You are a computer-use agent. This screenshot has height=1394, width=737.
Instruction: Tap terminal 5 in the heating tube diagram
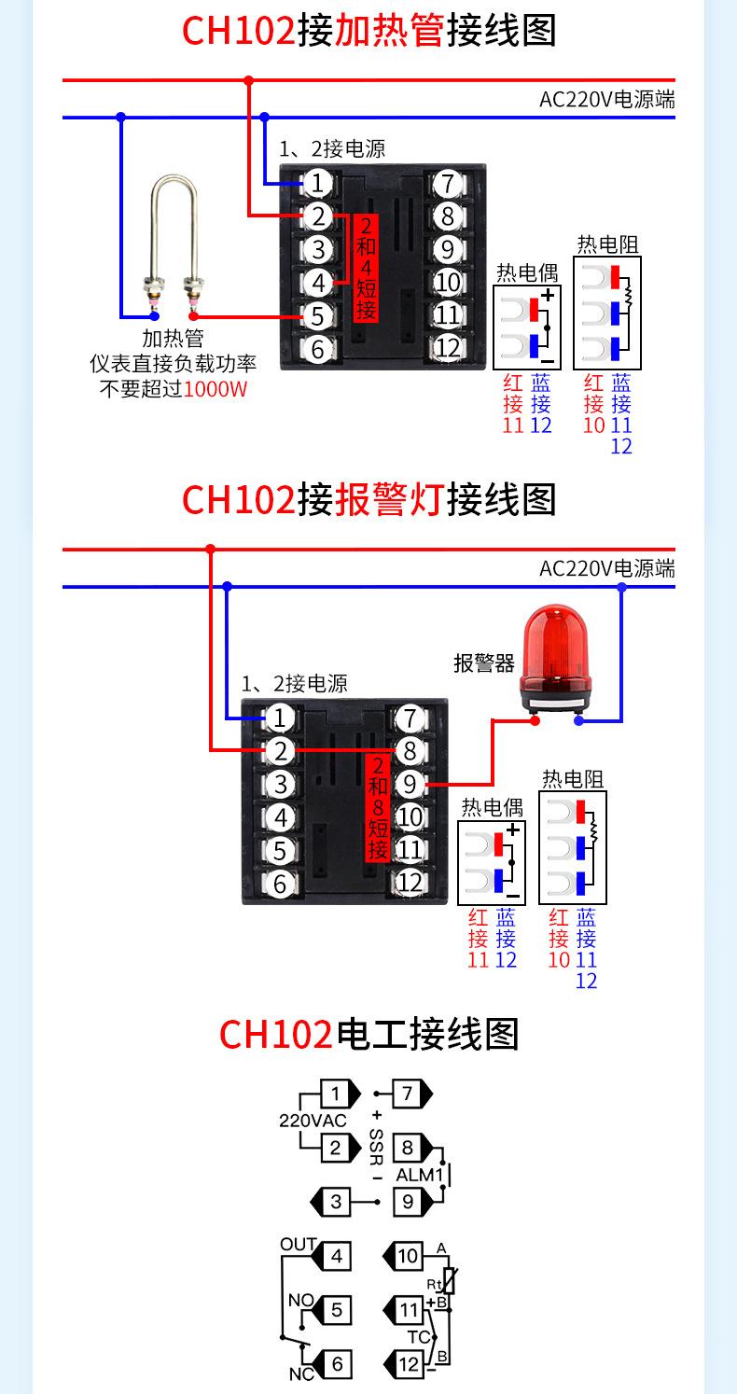point(317,316)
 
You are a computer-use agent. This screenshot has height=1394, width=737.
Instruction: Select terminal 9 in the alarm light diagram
point(410,784)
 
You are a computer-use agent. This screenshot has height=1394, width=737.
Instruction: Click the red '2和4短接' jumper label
point(367,269)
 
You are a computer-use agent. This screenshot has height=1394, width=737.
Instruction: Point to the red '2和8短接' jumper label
point(377,807)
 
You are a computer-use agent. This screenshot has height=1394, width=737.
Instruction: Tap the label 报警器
point(484,663)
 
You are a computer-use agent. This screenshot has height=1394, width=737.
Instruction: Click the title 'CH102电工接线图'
point(368,1034)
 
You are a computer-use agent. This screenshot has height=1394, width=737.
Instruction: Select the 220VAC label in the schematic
point(313,1121)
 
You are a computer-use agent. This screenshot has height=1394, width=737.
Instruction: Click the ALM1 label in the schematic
point(419,1175)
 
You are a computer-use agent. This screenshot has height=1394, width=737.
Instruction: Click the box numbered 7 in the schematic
point(408,1094)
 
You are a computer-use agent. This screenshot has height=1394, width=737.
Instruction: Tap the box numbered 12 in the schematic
point(410,1364)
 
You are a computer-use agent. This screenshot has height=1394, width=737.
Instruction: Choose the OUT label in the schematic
point(299,1245)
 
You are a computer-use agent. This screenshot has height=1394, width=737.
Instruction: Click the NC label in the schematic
point(301,1373)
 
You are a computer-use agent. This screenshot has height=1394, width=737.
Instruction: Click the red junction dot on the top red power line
point(248,81)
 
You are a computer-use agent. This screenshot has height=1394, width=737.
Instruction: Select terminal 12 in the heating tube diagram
point(448,348)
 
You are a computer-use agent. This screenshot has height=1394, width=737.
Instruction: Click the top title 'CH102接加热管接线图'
point(368,30)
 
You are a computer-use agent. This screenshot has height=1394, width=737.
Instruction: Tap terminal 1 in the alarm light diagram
point(279,718)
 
